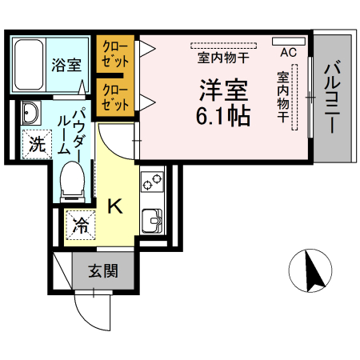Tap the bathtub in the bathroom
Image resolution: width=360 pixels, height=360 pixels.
[x=30, y=65]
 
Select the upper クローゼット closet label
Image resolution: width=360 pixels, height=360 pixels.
[x=115, y=54]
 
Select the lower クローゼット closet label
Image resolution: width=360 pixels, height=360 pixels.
[x=115, y=97]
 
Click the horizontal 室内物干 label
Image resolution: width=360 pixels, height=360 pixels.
[x=223, y=58]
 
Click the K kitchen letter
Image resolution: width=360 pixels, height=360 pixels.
[x=115, y=207]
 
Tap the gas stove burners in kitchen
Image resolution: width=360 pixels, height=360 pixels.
[x=151, y=184]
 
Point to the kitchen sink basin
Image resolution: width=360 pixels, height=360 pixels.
[x=150, y=218]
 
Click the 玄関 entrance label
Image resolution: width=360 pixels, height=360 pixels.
[x=103, y=271]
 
